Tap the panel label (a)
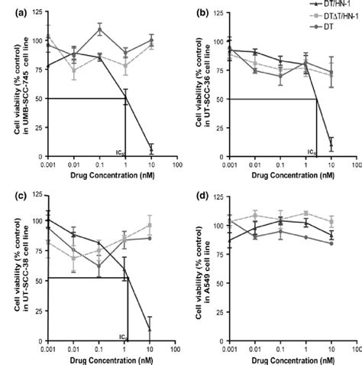[x=9, y=12]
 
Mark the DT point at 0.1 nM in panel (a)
[x=99, y=29]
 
